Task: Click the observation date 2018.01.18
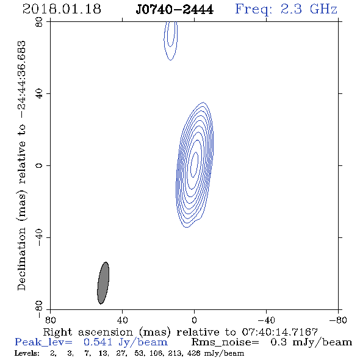[62, 9]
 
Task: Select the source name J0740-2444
[175, 10]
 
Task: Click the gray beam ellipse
[103, 283]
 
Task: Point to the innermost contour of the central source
[195, 165]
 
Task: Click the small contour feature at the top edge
[171, 41]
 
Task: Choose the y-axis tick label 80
[39, 22]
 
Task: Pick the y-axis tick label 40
[39, 94]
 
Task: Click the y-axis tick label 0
[39, 165]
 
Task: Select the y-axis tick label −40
[39, 237]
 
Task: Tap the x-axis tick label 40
[122, 320]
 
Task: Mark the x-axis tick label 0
[194, 320]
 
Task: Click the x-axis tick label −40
[266, 320]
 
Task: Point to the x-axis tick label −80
[338, 320]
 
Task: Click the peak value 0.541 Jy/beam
[126, 342]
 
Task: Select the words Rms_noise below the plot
[225, 342]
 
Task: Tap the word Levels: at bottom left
[27, 353]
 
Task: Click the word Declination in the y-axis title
[21, 259]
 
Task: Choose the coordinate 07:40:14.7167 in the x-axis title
[279, 332]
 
